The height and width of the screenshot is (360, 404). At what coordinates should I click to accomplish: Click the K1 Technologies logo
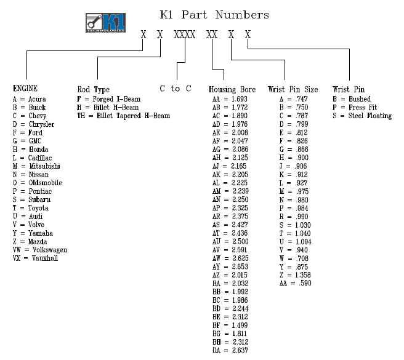pos(106,23)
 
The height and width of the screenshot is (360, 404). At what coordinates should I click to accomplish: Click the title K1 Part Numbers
pos(214,15)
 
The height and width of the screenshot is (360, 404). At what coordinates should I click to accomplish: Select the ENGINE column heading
pos(25,89)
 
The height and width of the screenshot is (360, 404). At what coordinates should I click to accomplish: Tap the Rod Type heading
pos(94,90)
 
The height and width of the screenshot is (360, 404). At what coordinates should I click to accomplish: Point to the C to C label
pos(176,89)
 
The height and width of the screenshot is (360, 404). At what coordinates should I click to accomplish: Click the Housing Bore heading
pos(232,90)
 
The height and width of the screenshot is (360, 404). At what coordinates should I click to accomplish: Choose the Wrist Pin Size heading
pos(293,90)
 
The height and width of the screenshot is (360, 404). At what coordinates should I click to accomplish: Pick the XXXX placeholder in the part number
pos(185,34)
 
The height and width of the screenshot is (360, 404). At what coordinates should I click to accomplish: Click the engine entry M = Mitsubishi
pos(36,166)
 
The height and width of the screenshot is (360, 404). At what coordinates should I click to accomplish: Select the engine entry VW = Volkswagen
pos(40,250)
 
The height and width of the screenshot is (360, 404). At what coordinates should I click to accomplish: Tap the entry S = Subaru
pos(31,199)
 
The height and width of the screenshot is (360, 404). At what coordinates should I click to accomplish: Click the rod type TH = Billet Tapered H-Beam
pos(124,116)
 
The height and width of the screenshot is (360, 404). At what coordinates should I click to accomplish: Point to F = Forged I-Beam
pos(109,99)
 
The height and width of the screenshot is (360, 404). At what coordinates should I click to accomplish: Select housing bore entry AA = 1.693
pos(230,99)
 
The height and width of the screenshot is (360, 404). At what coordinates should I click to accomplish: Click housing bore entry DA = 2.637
pos(230,350)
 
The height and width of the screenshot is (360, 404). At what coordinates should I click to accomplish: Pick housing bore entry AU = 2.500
pos(230,242)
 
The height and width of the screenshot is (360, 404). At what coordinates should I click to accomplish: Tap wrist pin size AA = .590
pos(295,283)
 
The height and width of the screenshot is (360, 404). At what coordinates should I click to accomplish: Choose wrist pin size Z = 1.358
pos(295,275)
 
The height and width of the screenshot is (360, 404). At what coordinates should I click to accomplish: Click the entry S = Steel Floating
pos(362,116)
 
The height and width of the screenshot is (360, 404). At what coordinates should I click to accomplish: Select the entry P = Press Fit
pos(355,107)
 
